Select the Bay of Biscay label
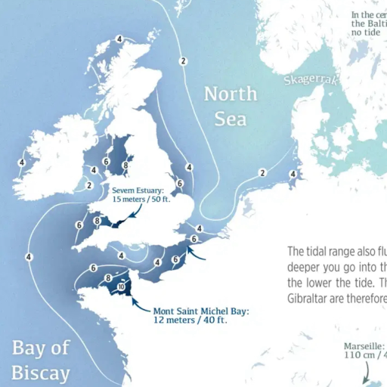[41, 360]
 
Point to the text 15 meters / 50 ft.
[141, 200]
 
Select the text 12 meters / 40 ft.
[190, 320]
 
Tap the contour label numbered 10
[121, 286]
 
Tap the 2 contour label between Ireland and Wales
[89, 185]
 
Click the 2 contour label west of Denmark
[262, 172]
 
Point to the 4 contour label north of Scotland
[119, 39]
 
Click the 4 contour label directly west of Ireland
[22, 162]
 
